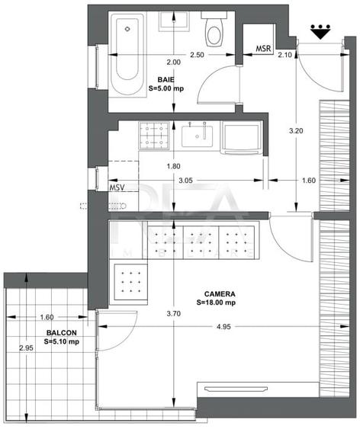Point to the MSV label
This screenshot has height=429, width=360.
coord(117,187)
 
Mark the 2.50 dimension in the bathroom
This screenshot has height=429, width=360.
coord(197,55)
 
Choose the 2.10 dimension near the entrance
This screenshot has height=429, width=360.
coord(286,55)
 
